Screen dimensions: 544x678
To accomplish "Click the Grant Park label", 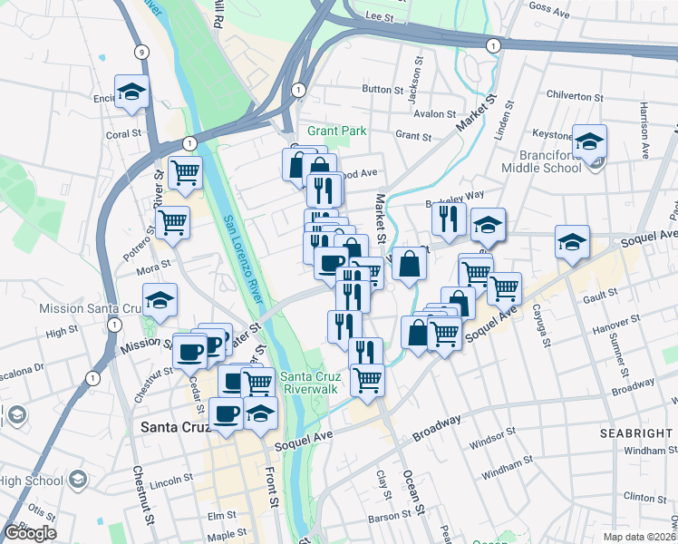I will click(x=336, y=131).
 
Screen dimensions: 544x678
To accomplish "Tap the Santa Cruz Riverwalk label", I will click(x=310, y=384).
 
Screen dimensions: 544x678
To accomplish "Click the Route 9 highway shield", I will click(x=140, y=52).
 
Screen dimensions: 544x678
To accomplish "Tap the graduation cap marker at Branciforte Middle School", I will click(x=589, y=142).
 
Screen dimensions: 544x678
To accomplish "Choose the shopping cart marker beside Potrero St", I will click(x=172, y=220).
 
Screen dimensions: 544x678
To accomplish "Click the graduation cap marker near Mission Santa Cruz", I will click(x=160, y=300).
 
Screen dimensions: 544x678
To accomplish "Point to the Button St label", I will click(x=382, y=90).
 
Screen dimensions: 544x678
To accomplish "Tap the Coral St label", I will click(x=123, y=133).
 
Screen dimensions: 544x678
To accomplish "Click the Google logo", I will click(x=30, y=533).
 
